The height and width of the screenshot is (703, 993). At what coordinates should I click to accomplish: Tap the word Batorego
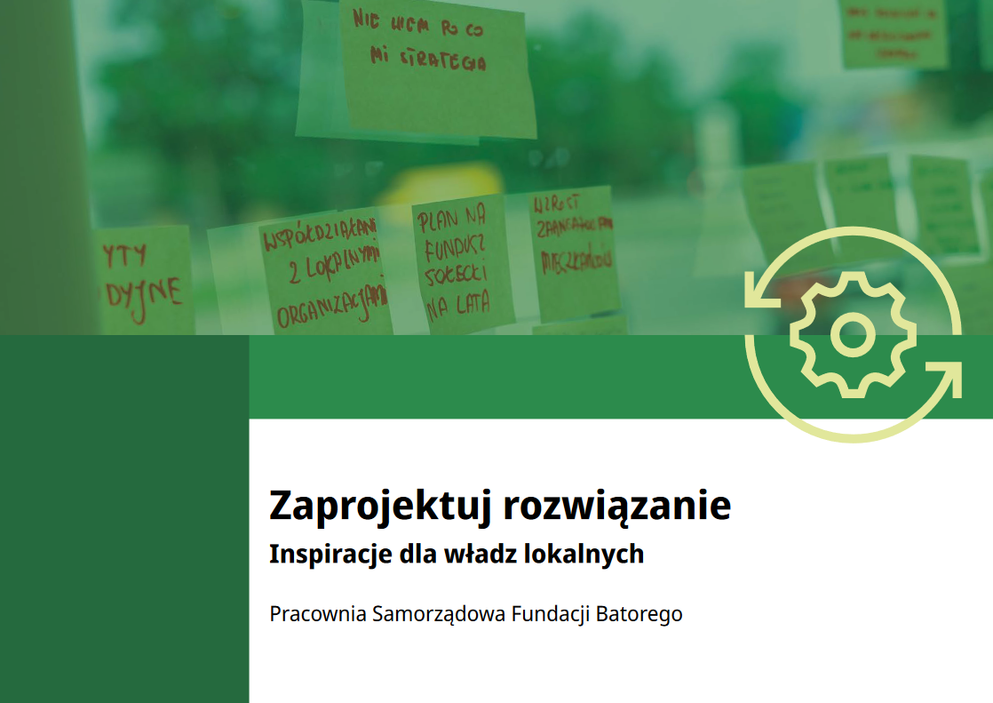point(639,614)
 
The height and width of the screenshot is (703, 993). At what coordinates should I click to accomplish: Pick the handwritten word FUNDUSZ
point(453,246)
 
